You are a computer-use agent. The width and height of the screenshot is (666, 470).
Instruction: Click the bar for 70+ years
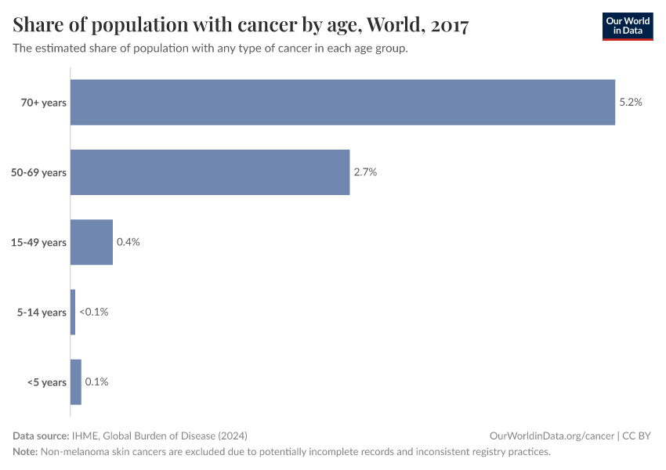point(342,102)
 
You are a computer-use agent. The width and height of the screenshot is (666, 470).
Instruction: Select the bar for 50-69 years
point(210,172)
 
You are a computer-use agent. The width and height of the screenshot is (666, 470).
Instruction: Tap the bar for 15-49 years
point(92,242)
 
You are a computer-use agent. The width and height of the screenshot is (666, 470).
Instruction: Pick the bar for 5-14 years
point(73,312)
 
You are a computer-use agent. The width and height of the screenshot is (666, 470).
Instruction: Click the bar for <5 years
point(76,382)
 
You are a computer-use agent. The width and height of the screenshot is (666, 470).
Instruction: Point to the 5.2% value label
point(631,102)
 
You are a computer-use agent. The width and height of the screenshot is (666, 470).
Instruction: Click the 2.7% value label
point(365,172)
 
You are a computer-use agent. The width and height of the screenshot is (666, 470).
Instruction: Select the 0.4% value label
point(128,242)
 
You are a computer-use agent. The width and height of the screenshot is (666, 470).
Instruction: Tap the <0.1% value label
point(93,312)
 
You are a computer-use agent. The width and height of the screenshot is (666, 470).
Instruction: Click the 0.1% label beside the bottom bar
point(96,382)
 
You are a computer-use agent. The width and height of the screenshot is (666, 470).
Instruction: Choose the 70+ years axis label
point(43,102)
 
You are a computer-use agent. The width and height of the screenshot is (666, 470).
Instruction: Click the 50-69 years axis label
point(38,172)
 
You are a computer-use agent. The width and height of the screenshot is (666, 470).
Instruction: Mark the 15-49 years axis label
point(38,242)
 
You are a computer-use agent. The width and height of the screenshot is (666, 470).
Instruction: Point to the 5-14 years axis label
point(42,312)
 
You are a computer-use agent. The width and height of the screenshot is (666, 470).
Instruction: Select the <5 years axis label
point(47,382)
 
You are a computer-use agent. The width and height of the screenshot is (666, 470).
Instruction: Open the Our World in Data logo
point(627,27)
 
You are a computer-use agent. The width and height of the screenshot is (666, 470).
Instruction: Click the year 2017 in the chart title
point(450,26)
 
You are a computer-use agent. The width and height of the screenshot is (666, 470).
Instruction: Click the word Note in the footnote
point(24,452)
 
